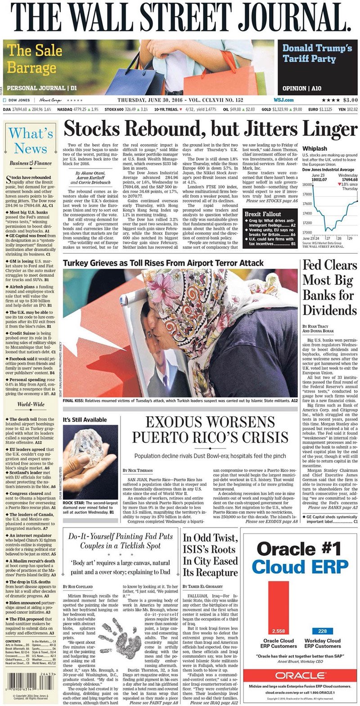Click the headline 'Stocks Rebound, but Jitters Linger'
coord(210,130)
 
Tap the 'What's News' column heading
coord(31,140)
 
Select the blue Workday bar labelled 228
coord(322,631)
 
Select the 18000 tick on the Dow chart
coord(307,184)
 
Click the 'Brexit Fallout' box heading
coord(263,214)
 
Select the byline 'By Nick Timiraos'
coord(137,470)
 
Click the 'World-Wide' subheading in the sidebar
coord(31,404)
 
